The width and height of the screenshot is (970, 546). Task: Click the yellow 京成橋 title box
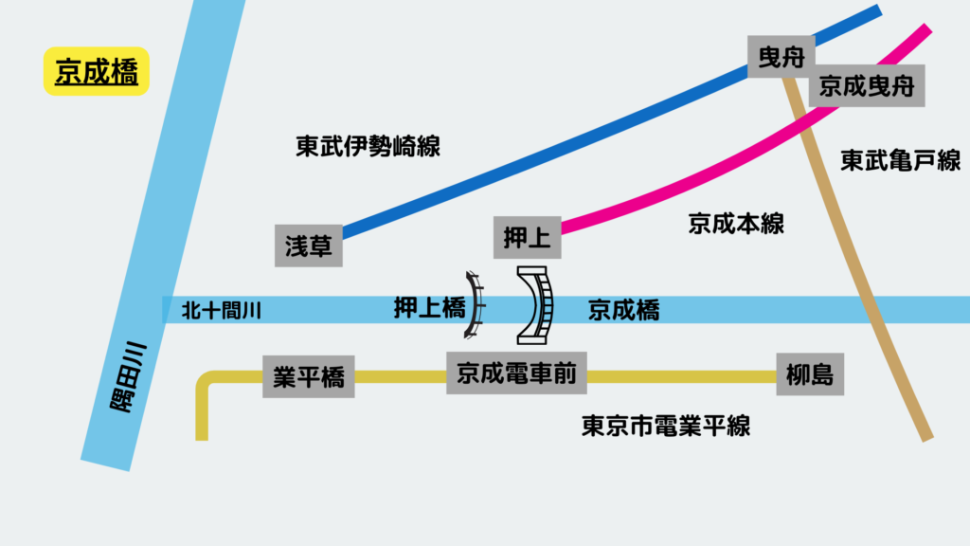[97, 72]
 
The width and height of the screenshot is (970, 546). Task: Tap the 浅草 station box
[309, 246]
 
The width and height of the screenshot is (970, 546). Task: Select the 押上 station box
[528, 237]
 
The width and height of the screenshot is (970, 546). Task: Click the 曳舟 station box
[781, 57]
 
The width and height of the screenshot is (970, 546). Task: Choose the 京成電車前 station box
[516, 373]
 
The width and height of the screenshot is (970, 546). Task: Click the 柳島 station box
[809, 375]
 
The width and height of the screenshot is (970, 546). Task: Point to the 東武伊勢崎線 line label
[368, 146]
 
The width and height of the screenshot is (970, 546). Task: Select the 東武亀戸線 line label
[900, 161]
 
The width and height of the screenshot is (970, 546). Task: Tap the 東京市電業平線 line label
[666, 426]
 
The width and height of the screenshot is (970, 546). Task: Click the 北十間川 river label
[221, 309]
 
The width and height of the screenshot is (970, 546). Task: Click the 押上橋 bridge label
[430, 308]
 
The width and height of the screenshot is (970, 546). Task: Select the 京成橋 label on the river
[623, 310]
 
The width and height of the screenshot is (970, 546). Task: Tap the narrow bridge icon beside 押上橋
[475, 305]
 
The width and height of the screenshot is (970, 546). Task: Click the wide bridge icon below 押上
[536, 305]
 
